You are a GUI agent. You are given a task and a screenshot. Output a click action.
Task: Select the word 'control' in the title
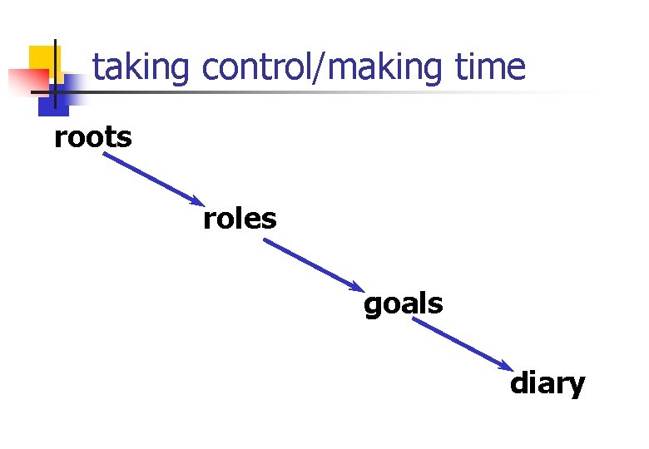click(x=252, y=67)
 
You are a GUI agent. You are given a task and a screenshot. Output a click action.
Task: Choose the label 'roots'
click(x=92, y=137)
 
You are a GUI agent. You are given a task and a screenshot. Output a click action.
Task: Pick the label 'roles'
click(x=240, y=219)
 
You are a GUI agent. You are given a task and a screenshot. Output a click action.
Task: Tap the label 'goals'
click(x=403, y=305)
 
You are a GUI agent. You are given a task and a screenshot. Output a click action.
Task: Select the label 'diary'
click(x=547, y=384)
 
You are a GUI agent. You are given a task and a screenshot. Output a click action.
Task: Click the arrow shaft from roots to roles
click(x=150, y=177)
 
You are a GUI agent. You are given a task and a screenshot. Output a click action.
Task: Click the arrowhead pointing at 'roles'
click(x=196, y=201)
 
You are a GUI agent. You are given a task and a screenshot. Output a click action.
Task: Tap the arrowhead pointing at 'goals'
click(x=358, y=288)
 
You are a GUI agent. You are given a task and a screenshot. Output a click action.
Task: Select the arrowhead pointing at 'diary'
click(x=508, y=367)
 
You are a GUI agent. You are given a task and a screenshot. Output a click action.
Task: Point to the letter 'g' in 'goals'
click(x=373, y=308)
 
